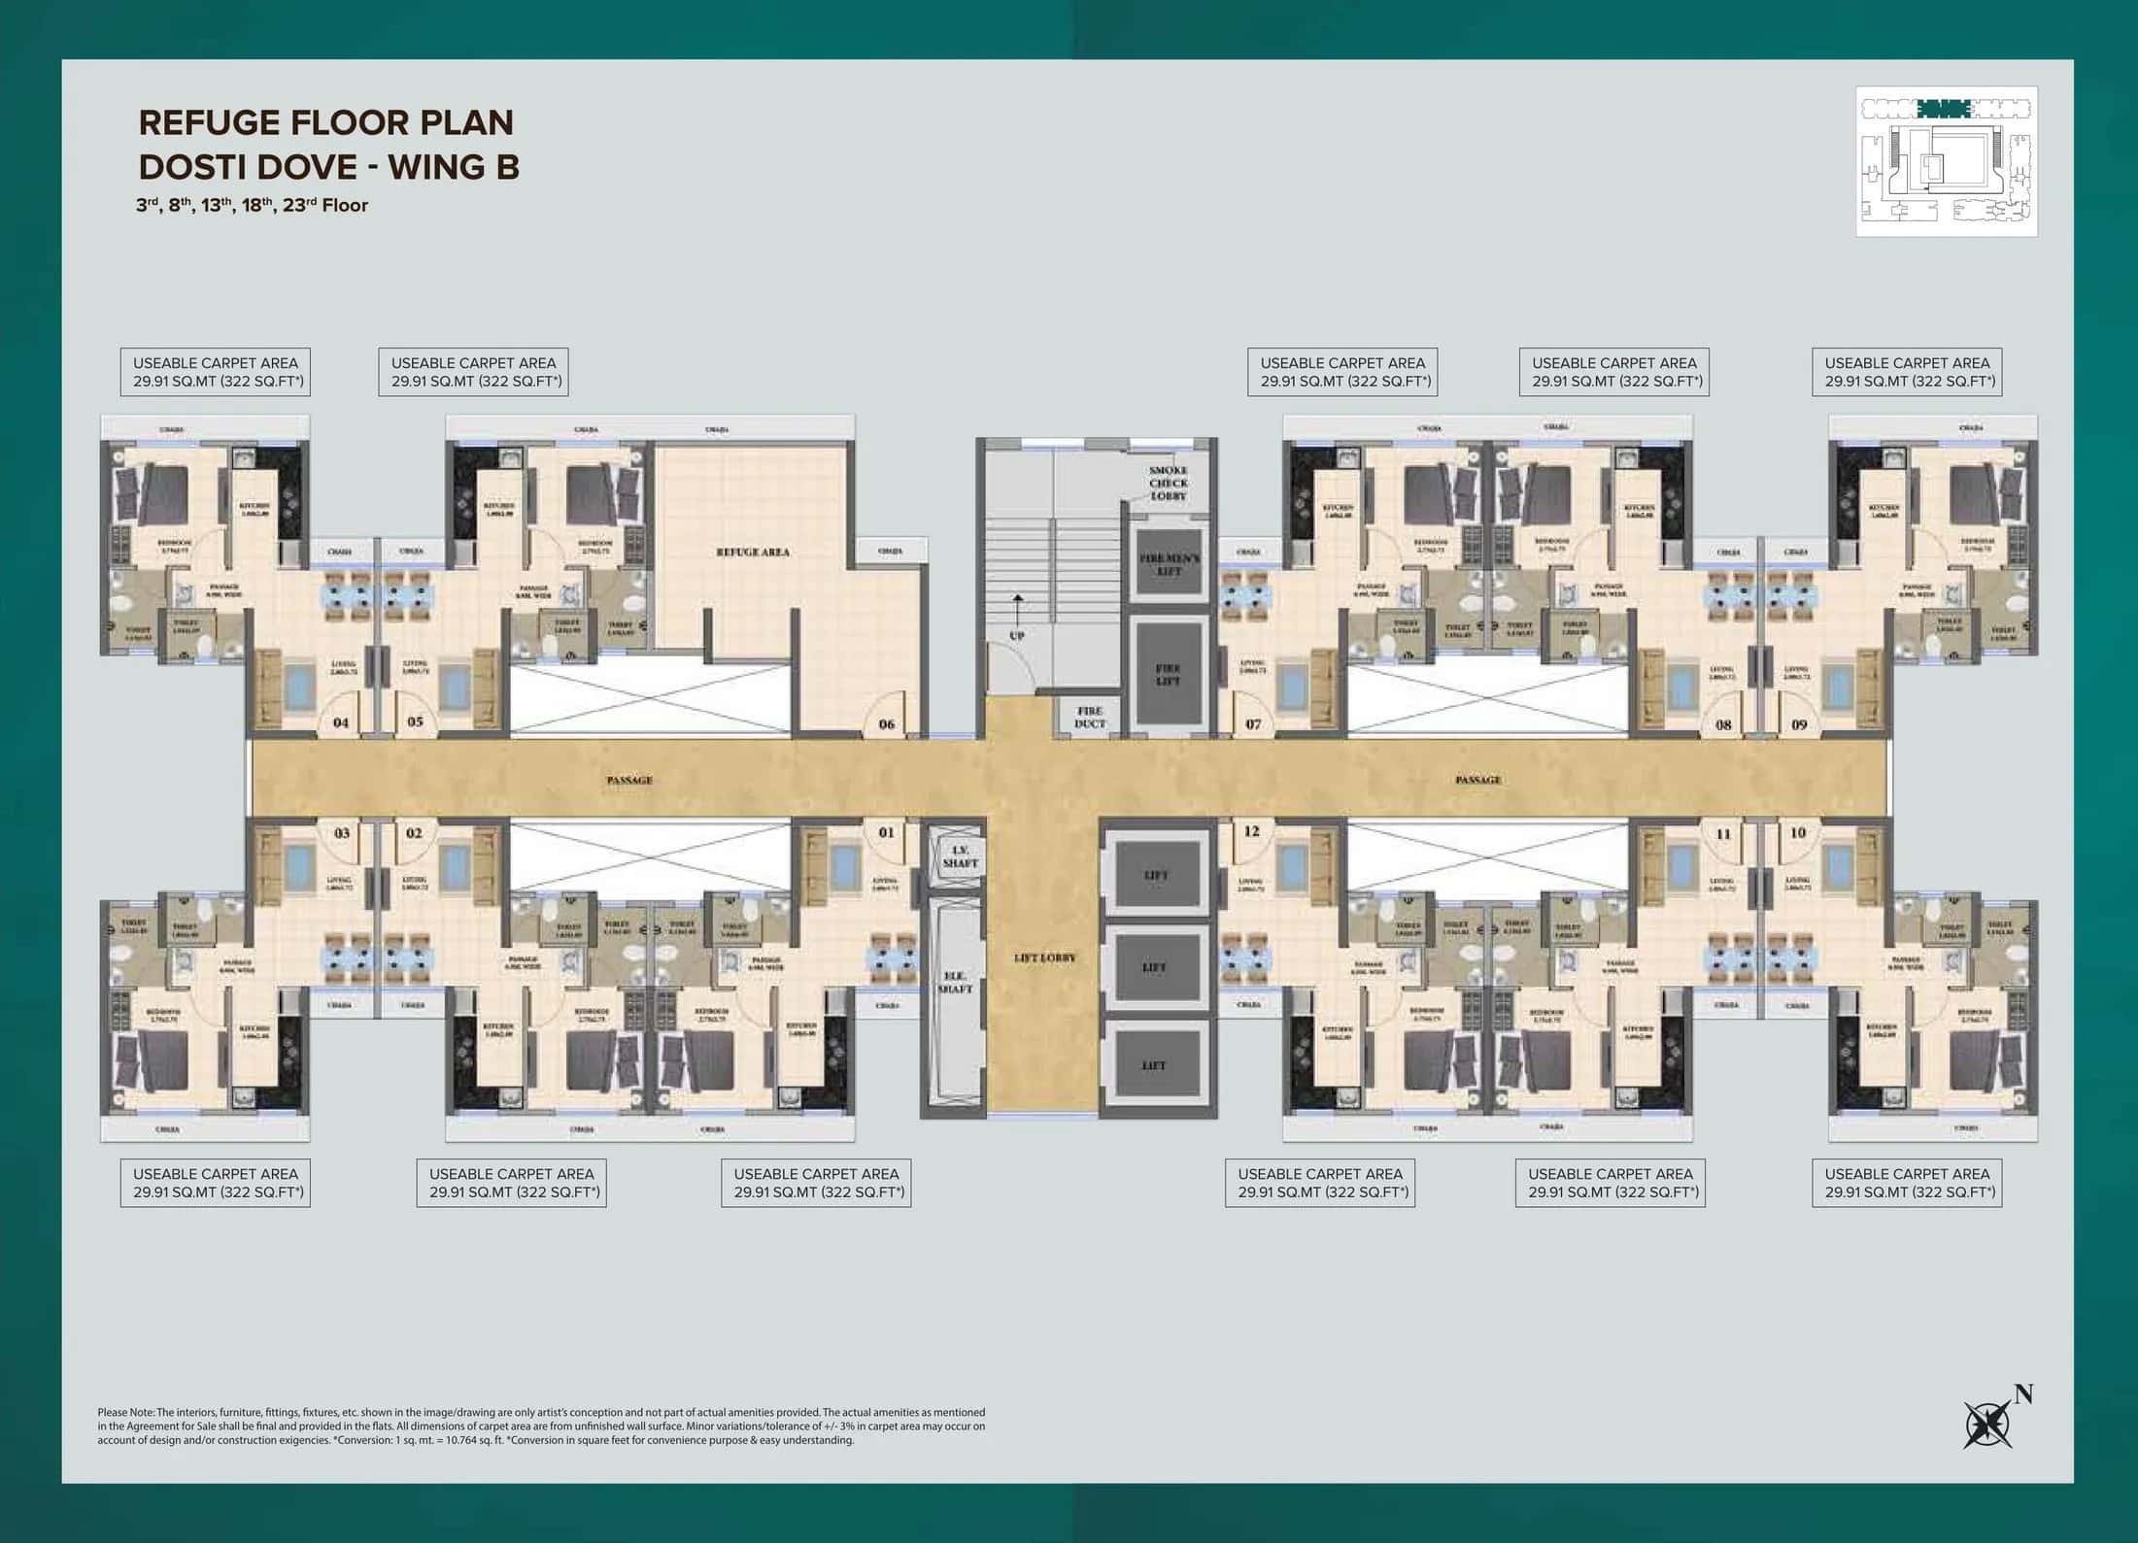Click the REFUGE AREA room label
[x=753, y=552]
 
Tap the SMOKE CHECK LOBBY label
[x=1169, y=483]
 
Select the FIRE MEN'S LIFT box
[x=1170, y=565]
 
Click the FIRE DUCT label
[x=1090, y=717]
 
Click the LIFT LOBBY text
[x=1045, y=957]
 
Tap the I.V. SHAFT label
[x=960, y=855]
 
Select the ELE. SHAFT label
[x=956, y=982]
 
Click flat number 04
[x=341, y=722]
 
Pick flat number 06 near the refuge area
[x=886, y=723]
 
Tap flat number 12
[x=1251, y=831]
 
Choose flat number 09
[x=1799, y=723]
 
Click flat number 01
[x=886, y=832]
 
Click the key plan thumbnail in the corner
[x=1946, y=161]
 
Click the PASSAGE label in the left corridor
[x=629, y=780]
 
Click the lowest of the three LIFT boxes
[x=1154, y=1065]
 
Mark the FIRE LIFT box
[x=1169, y=674]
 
